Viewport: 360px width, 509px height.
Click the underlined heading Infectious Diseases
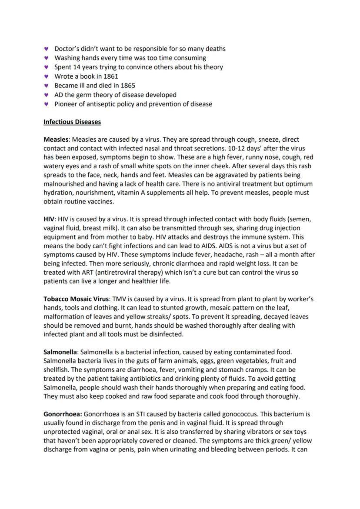[x=72, y=122]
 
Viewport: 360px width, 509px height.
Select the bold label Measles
[x=56, y=140]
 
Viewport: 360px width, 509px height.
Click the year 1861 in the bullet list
[x=111, y=76]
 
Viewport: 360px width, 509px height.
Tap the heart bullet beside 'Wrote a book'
[x=47, y=76]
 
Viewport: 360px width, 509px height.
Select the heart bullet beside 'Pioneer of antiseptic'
[x=47, y=104]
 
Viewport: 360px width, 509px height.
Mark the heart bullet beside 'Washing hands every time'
[x=47, y=58]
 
